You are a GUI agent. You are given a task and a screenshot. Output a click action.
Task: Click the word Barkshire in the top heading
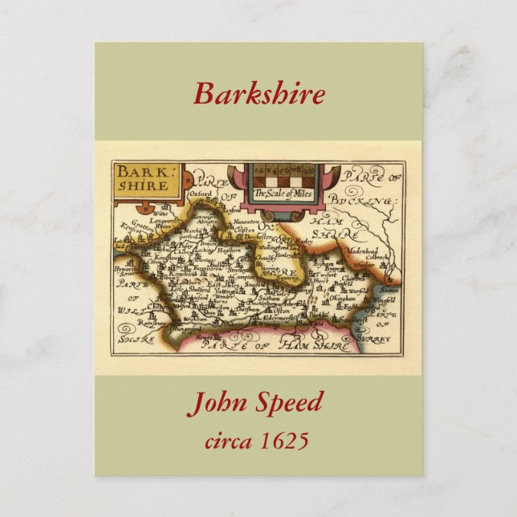pos(258,94)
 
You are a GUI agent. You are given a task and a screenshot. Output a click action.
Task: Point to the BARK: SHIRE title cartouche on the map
pos(146,179)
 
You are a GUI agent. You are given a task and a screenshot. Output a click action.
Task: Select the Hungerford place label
pos(188,328)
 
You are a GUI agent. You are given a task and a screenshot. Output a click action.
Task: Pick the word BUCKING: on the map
pos(369,201)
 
